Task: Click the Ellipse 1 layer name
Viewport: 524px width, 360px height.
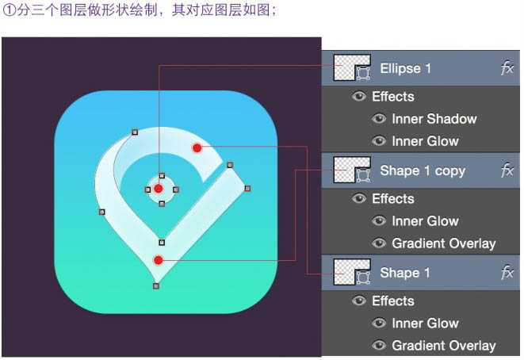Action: click(405, 68)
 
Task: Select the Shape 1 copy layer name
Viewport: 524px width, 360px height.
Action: click(422, 170)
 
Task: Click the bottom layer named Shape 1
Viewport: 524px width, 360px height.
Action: click(404, 273)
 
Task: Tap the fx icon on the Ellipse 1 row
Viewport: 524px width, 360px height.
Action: click(507, 68)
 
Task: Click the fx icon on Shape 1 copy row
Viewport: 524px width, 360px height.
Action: click(507, 170)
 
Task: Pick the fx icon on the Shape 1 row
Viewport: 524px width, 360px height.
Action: click(507, 273)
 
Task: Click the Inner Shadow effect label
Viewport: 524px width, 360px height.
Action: click(434, 119)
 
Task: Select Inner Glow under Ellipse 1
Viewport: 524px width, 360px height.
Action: click(425, 141)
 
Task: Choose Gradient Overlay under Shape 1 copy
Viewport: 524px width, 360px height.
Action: click(443, 243)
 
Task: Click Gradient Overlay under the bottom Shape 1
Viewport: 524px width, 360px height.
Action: click(443, 346)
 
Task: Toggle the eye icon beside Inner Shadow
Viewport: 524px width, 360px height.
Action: click(380, 120)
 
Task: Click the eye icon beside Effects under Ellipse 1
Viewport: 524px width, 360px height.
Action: click(360, 97)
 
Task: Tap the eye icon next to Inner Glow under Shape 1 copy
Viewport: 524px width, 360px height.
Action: click(380, 221)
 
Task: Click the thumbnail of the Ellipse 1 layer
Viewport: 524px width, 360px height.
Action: click(352, 68)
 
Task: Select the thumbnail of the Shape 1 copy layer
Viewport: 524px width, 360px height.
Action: click(352, 170)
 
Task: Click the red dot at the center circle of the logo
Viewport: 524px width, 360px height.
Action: click(159, 188)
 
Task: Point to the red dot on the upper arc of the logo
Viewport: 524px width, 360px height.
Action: click(197, 147)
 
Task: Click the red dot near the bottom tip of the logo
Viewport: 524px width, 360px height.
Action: click(158, 260)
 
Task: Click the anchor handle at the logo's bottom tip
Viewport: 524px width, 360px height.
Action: click(155, 285)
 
